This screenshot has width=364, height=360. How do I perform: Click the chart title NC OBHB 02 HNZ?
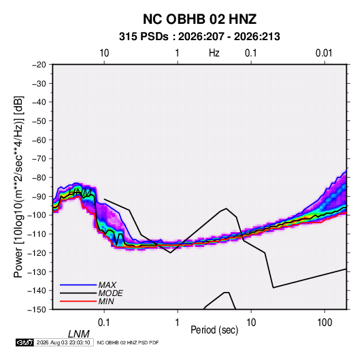(x=199, y=19)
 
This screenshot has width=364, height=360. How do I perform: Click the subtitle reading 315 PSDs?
(x=144, y=37)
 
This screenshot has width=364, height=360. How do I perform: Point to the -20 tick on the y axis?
(x=39, y=65)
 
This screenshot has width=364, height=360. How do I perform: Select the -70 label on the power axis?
(x=39, y=159)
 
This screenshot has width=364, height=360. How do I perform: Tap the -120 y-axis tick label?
(x=37, y=253)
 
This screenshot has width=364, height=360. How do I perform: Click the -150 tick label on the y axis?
(x=37, y=310)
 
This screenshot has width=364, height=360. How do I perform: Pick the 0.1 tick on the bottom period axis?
(x=104, y=323)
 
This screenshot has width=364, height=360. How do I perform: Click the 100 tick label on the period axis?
(x=325, y=323)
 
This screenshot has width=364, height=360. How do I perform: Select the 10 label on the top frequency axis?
(x=104, y=53)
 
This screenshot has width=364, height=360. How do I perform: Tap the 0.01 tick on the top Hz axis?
(x=324, y=53)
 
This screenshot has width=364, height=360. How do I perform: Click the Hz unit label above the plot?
(x=214, y=53)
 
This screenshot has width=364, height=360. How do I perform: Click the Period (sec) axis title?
(x=214, y=330)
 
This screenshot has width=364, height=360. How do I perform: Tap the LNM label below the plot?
(x=78, y=334)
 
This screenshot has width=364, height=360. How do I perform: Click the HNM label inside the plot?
(x=80, y=193)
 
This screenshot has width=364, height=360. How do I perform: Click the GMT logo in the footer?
(x=25, y=342)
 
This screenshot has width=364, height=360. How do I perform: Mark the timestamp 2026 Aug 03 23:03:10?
(x=63, y=342)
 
